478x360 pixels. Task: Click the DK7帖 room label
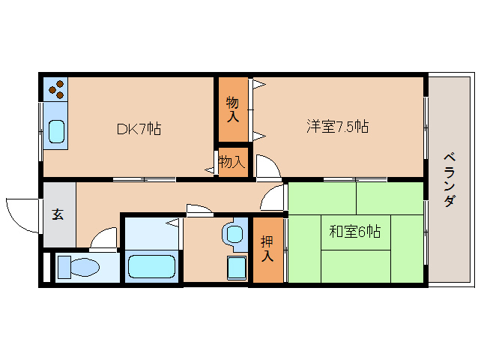[x=139, y=128]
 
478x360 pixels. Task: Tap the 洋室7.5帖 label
[x=336, y=126]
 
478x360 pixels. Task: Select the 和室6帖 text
[x=354, y=232]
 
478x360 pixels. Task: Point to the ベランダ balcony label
[x=450, y=180]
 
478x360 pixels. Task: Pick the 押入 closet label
[x=267, y=249]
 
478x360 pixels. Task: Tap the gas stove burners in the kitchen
[x=55, y=89]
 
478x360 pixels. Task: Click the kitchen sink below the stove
[x=56, y=130]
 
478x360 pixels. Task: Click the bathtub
[x=151, y=266]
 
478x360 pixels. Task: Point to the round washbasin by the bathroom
[x=235, y=233]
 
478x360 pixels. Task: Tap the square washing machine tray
[x=237, y=266]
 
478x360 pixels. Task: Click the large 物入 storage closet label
[x=232, y=109]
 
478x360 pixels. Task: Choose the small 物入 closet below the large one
[x=232, y=161]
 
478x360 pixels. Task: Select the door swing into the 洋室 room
[x=265, y=166]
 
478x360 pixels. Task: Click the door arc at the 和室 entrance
[x=274, y=198]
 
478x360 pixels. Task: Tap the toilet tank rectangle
[x=61, y=267]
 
